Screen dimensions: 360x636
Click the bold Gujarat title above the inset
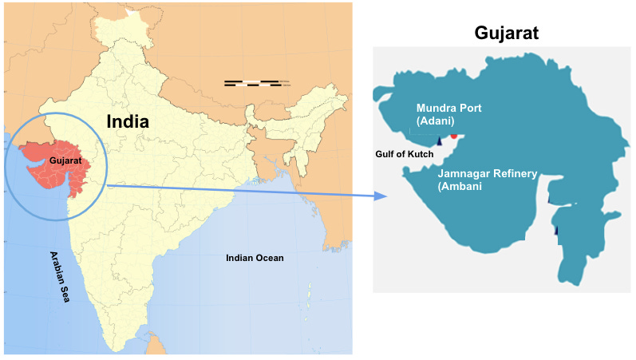point(507,34)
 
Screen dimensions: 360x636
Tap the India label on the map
point(128,121)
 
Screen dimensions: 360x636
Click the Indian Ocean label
point(255,258)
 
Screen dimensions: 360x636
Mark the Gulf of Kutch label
point(404,152)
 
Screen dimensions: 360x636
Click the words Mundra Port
point(448,108)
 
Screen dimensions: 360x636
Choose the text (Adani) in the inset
point(435,121)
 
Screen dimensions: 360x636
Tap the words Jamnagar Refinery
point(488,173)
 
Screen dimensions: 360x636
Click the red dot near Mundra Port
point(454,135)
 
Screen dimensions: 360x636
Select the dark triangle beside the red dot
point(439,141)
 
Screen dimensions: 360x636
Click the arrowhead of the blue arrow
point(381,196)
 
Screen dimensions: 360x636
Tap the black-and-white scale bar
point(252,82)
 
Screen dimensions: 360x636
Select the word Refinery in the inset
point(515,173)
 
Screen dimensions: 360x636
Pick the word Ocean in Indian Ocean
point(270,258)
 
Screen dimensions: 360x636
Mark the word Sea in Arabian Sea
point(65,291)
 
